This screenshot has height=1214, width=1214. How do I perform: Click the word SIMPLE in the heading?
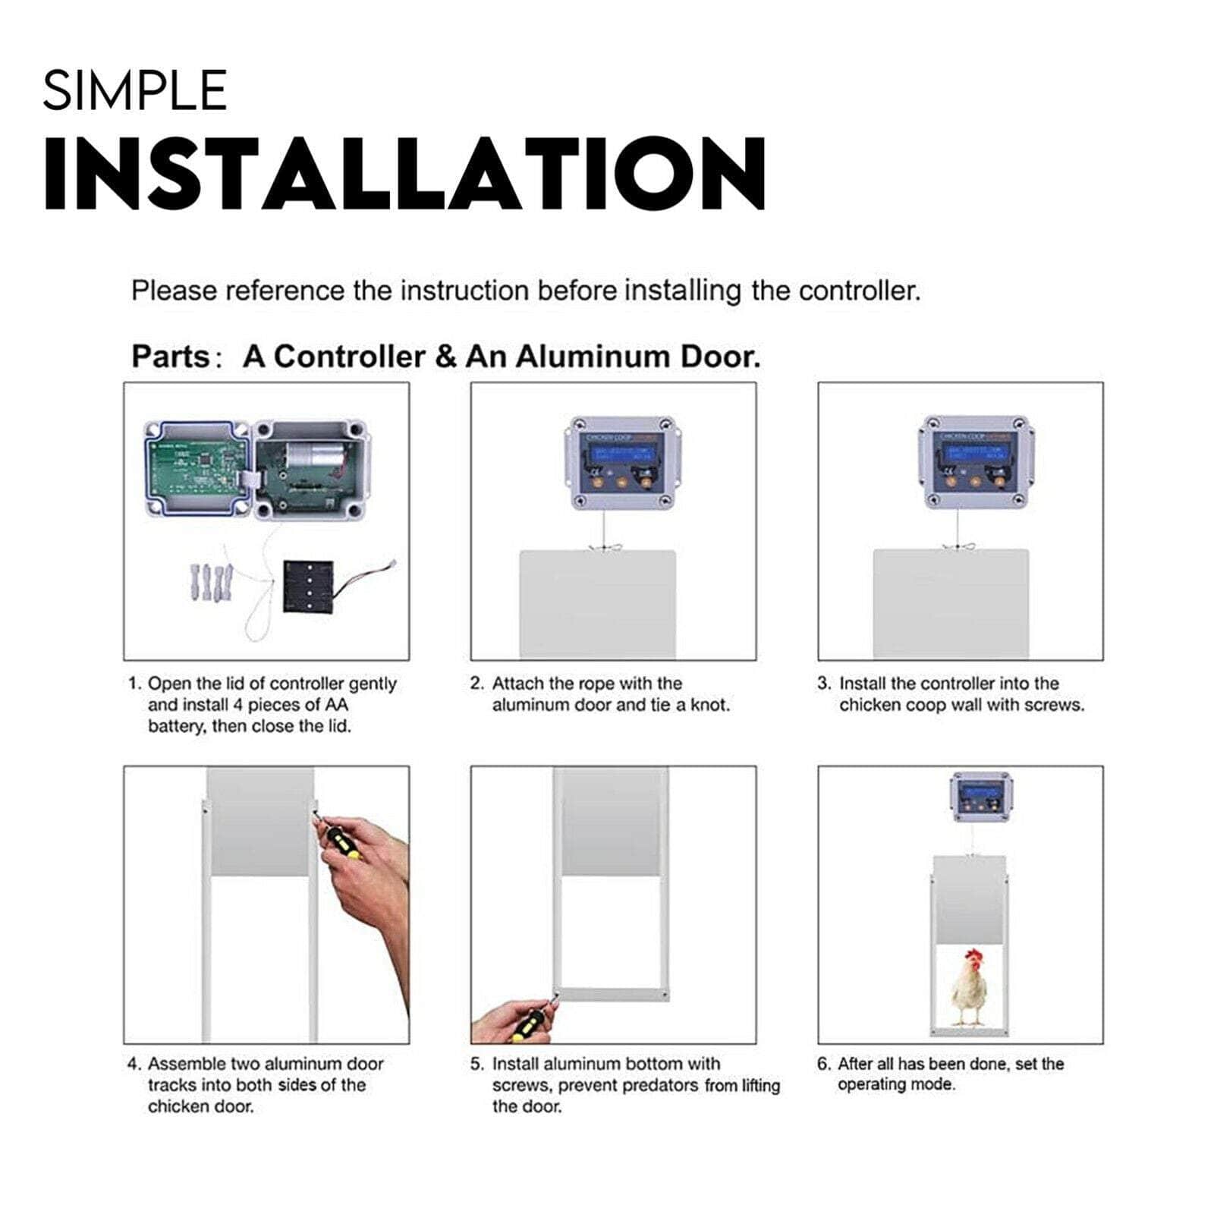pyautogui.click(x=134, y=90)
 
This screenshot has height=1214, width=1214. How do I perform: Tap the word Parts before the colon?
pyautogui.click(x=170, y=357)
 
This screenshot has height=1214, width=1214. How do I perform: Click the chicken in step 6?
pyautogui.click(x=967, y=986)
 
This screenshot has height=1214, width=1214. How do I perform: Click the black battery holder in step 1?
pyautogui.click(x=309, y=586)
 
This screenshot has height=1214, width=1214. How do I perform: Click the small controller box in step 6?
pyautogui.click(x=983, y=797)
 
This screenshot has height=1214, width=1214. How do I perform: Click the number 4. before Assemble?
pyautogui.click(x=134, y=1065)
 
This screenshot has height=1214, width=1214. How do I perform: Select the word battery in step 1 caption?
pyautogui.click(x=175, y=726)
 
